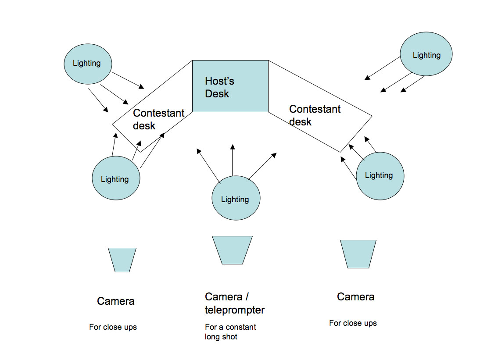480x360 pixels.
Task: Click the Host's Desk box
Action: [230, 86]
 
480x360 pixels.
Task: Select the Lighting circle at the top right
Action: [426, 54]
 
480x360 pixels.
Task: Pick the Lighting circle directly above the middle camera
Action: [236, 198]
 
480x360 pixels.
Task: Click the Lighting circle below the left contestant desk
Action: [116, 178]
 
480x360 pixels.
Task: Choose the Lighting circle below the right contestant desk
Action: [380, 176]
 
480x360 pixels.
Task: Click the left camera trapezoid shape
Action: [122, 260]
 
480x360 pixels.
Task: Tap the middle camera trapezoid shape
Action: [232, 250]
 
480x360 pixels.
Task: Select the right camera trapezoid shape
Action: [358, 254]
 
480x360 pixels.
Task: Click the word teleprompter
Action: [235, 310]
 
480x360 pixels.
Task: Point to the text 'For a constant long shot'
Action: [230, 332]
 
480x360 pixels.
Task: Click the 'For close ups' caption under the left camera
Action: [113, 327]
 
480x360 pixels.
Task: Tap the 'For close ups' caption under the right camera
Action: [353, 323]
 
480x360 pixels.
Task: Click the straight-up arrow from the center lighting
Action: [232, 160]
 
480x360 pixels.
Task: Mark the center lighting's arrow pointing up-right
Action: [262, 166]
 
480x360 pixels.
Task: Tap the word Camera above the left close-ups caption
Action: [115, 301]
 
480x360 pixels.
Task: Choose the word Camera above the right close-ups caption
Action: [355, 297]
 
